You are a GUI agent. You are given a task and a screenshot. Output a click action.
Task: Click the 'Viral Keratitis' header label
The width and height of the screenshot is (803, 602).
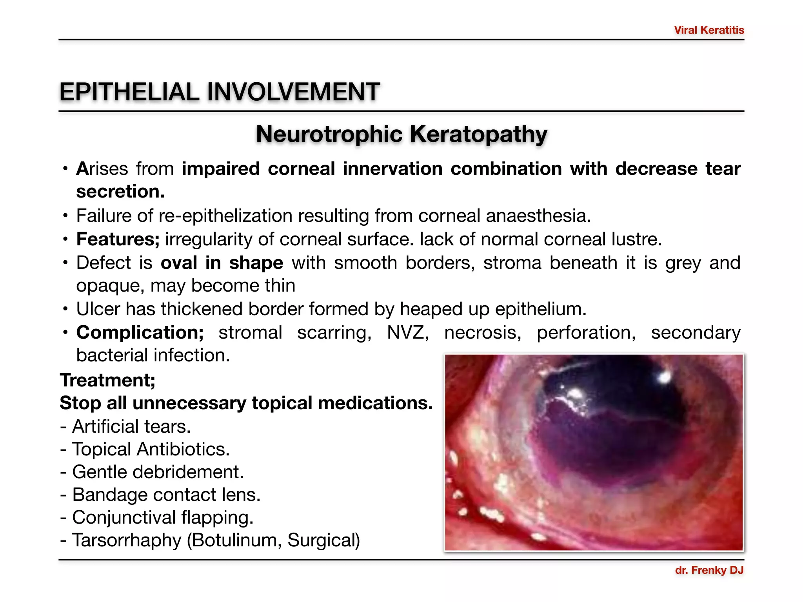(x=709, y=30)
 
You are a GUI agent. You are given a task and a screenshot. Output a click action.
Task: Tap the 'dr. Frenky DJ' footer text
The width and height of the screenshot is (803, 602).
(x=709, y=570)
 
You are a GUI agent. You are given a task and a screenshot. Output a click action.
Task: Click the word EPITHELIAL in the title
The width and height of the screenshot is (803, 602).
(x=129, y=92)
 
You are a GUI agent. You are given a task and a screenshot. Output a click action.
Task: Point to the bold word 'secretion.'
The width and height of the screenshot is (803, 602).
(x=120, y=192)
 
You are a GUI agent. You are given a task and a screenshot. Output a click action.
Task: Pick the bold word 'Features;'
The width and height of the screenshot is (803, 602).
(x=118, y=239)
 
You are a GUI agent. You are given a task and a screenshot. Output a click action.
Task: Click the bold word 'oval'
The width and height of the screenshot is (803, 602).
(x=179, y=263)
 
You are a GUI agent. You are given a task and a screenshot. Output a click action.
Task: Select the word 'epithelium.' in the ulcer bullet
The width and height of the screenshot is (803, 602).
(x=541, y=309)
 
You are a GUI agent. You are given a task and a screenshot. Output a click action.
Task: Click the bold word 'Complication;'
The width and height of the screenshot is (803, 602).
(x=140, y=332)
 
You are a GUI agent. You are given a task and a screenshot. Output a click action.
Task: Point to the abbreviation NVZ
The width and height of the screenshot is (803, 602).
(x=408, y=332)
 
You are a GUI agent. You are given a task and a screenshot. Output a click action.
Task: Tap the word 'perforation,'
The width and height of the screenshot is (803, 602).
(x=586, y=332)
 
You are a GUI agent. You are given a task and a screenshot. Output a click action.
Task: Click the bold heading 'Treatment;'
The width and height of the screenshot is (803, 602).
(x=107, y=380)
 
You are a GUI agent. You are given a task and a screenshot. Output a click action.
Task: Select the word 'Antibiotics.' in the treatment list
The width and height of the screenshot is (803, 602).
(x=183, y=449)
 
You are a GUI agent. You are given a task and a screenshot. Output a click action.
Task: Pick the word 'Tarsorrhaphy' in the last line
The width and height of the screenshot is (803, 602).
(x=127, y=540)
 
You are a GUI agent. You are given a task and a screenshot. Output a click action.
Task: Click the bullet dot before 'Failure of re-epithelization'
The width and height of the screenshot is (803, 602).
(x=65, y=216)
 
